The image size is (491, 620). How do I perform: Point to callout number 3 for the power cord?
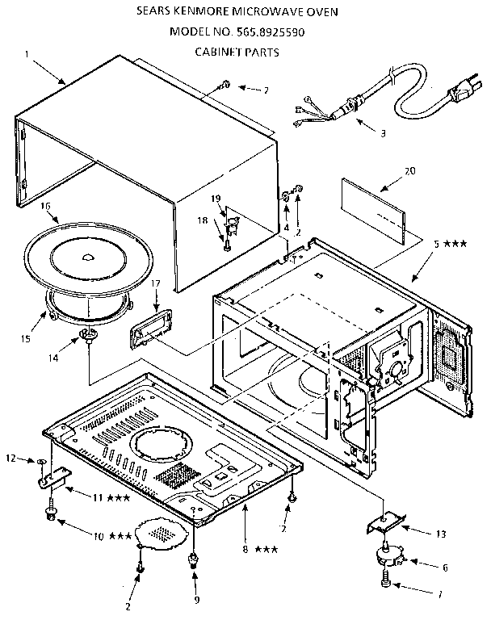click(383, 132)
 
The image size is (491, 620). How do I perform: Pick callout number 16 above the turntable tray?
click(46, 207)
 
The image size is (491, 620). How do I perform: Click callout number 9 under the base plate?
click(193, 598)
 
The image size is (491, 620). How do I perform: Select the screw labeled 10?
click(53, 514)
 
